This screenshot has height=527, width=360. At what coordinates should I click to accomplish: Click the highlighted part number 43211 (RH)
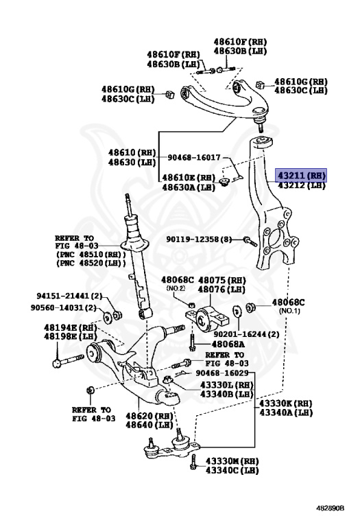[301, 175]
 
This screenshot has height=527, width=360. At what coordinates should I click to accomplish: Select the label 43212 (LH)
[301, 185]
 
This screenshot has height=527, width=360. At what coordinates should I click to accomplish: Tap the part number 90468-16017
[195, 157]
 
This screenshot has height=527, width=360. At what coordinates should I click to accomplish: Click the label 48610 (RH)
[132, 152]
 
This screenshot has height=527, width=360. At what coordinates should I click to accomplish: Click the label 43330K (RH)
[286, 403]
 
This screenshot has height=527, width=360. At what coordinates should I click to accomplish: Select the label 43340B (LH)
[228, 394]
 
